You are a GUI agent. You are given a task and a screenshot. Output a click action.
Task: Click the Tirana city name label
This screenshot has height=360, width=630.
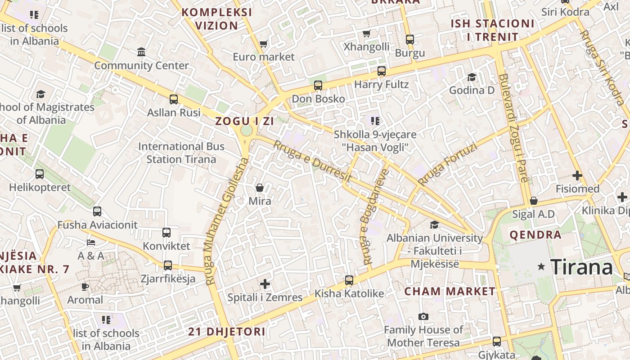[x=581, y=267]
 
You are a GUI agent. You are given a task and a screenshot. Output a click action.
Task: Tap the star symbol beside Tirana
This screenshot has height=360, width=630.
[x=541, y=267]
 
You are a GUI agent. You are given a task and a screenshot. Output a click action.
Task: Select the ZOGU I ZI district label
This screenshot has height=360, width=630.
[x=244, y=121]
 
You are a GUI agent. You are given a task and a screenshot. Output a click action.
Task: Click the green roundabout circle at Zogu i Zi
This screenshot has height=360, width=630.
[x=247, y=130]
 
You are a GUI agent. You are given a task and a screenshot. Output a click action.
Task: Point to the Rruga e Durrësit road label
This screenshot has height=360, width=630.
[x=312, y=161]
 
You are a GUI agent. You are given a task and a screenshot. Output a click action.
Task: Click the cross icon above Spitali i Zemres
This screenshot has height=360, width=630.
[x=265, y=284]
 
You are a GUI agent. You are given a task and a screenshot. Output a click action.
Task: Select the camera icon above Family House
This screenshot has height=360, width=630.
[x=423, y=317]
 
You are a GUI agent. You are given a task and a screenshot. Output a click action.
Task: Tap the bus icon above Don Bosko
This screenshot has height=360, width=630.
[x=318, y=85]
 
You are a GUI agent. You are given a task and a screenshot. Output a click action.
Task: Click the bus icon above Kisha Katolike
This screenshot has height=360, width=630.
[x=349, y=280]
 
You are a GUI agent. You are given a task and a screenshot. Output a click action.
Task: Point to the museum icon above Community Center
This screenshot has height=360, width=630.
[x=141, y=52]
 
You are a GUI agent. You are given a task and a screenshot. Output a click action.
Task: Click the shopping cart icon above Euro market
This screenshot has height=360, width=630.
[x=264, y=44]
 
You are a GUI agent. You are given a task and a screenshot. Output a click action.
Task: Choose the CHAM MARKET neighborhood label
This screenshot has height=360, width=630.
[x=450, y=291]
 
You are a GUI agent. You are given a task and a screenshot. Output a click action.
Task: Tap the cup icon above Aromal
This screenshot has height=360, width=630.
[x=85, y=287]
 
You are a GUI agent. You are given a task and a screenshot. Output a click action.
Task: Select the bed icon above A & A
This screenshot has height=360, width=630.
[x=91, y=243]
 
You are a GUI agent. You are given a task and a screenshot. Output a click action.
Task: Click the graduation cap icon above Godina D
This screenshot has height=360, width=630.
[x=472, y=77]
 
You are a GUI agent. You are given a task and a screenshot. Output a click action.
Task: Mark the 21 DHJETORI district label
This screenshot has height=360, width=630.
[x=226, y=332]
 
